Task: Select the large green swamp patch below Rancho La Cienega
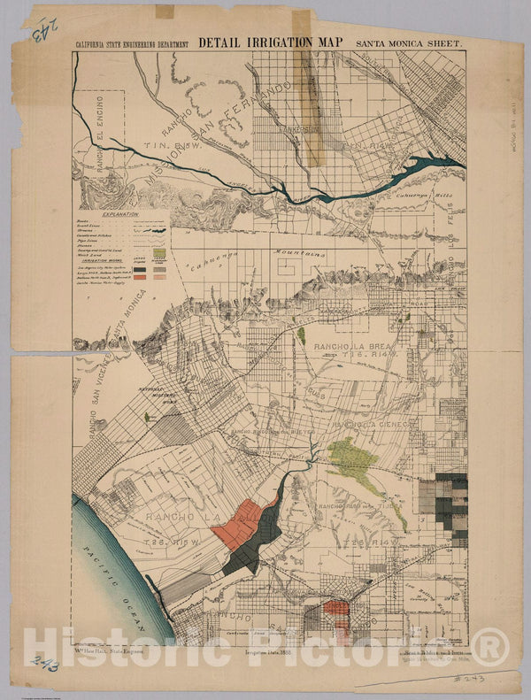point(352,455)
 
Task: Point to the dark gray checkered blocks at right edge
point(451,500)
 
